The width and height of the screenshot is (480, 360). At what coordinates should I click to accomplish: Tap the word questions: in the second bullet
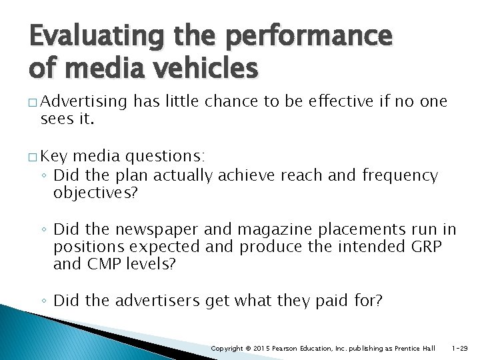coord(164,157)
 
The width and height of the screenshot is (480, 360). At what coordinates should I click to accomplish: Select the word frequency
coord(400,176)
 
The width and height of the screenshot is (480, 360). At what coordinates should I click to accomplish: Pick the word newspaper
coord(158,230)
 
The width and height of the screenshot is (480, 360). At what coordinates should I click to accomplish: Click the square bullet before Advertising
coord(33,102)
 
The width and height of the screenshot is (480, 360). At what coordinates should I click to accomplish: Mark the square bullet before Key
coord(33,157)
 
